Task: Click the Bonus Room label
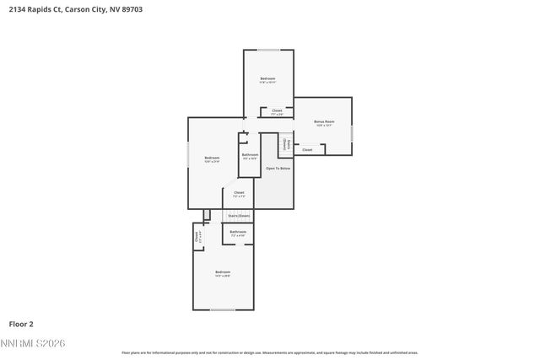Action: click(324, 122)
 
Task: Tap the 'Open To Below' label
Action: click(278, 169)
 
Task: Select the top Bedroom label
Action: click(267, 79)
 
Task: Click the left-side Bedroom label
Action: click(212, 159)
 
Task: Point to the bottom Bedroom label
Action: click(223, 272)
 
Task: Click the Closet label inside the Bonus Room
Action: click(307, 150)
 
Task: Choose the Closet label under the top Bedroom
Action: click(277, 111)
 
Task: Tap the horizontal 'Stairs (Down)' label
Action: click(239, 216)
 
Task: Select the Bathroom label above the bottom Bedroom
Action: click(238, 232)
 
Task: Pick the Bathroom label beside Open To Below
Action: click(250, 155)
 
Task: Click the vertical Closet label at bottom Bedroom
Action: click(198, 238)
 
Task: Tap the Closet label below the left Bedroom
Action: click(239, 193)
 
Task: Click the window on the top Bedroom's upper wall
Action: click(268, 50)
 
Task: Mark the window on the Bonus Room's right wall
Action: click(352, 132)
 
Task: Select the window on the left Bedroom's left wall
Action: click(188, 159)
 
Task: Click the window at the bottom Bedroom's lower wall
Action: click(223, 309)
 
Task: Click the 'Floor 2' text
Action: click(21, 324)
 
